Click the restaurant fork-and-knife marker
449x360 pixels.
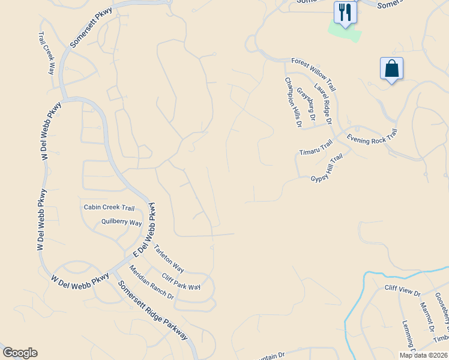coord(345,12)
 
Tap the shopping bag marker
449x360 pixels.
coord(391,69)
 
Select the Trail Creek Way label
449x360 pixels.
coord(47,53)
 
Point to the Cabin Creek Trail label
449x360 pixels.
coord(109,208)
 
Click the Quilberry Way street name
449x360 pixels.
coord(121,223)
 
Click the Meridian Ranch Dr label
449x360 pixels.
coord(151,283)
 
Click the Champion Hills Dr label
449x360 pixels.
coord(293,103)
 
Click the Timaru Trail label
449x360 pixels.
coord(316,147)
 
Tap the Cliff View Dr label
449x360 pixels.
coord(403,290)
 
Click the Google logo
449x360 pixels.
coord(20,353)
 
